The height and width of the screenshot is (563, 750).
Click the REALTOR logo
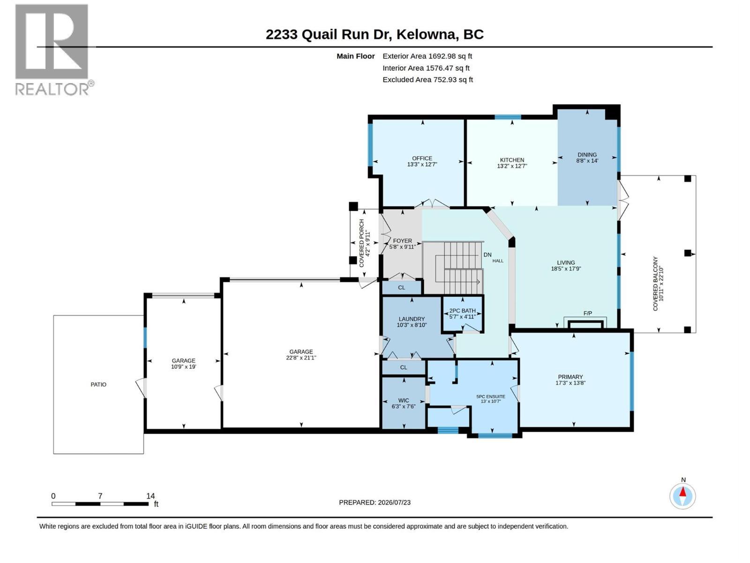point(54,50)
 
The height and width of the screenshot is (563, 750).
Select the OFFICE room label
point(422,158)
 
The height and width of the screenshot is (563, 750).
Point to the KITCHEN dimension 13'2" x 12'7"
point(512,166)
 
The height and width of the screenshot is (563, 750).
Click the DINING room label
point(587,154)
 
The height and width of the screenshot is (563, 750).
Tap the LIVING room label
point(565,263)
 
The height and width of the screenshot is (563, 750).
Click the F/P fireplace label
point(587,313)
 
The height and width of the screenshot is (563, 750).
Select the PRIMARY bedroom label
point(570,377)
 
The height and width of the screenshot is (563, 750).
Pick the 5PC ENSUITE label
point(491,396)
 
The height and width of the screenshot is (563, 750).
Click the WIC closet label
point(404,400)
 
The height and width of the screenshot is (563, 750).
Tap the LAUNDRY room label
point(412,319)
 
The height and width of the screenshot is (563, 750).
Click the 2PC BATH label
point(462,311)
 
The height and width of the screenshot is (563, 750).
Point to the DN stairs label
point(487,255)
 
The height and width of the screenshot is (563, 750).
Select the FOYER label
point(402,241)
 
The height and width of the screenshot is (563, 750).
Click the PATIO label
point(98,385)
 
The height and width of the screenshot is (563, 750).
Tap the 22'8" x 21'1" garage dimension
point(301,358)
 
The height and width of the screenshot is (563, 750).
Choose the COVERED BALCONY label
point(655,284)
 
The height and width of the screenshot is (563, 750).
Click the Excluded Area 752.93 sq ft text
point(427,80)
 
